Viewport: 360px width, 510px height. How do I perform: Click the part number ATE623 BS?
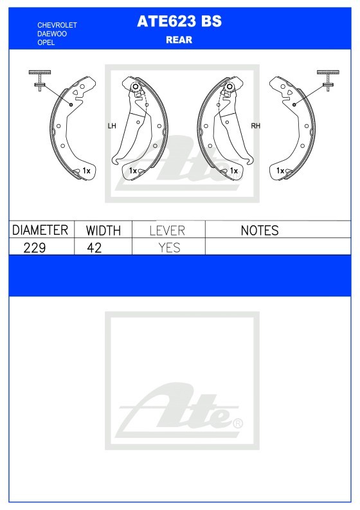(179, 21)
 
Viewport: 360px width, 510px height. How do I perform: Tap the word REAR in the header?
(179, 40)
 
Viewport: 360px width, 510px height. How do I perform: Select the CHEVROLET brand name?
(57, 25)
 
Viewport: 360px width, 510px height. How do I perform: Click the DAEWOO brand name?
(52, 34)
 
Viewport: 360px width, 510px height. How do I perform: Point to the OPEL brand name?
(46, 42)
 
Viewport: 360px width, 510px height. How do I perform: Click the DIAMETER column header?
(40, 230)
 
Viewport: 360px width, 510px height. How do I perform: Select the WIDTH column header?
(103, 231)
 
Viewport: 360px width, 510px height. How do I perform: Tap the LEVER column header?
(167, 231)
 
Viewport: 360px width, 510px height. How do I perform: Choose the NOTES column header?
(260, 231)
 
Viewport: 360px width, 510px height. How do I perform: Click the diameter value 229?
(35, 248)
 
